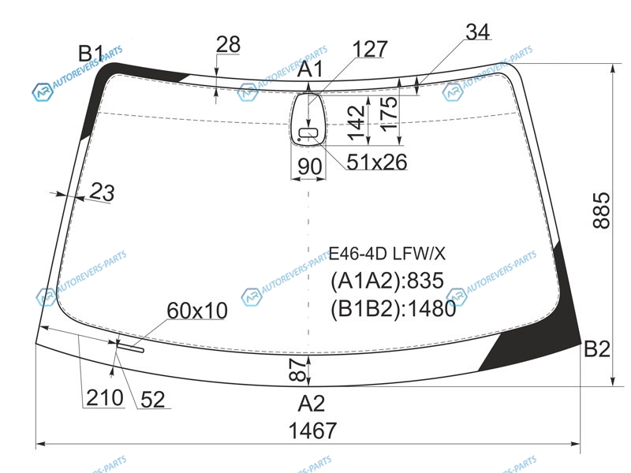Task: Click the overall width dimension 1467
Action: (312, 430)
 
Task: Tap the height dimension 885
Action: (602, 210)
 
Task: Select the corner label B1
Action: (91, 53)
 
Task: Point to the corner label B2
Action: (597, 348)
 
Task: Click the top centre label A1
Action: (310, 69)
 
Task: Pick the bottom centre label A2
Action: (311, 403)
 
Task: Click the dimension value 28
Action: (228, 44)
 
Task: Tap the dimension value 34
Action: (478, 32)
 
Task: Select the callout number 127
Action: (370, 49)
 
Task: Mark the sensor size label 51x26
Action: (377, 162)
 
